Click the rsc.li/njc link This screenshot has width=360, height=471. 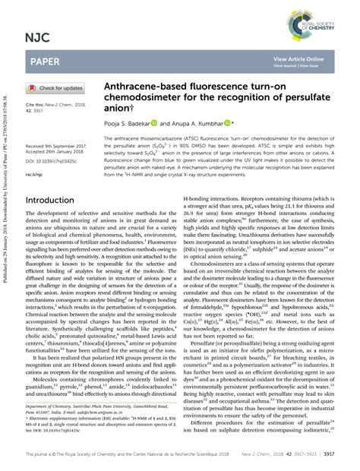click(x=35, y=174)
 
